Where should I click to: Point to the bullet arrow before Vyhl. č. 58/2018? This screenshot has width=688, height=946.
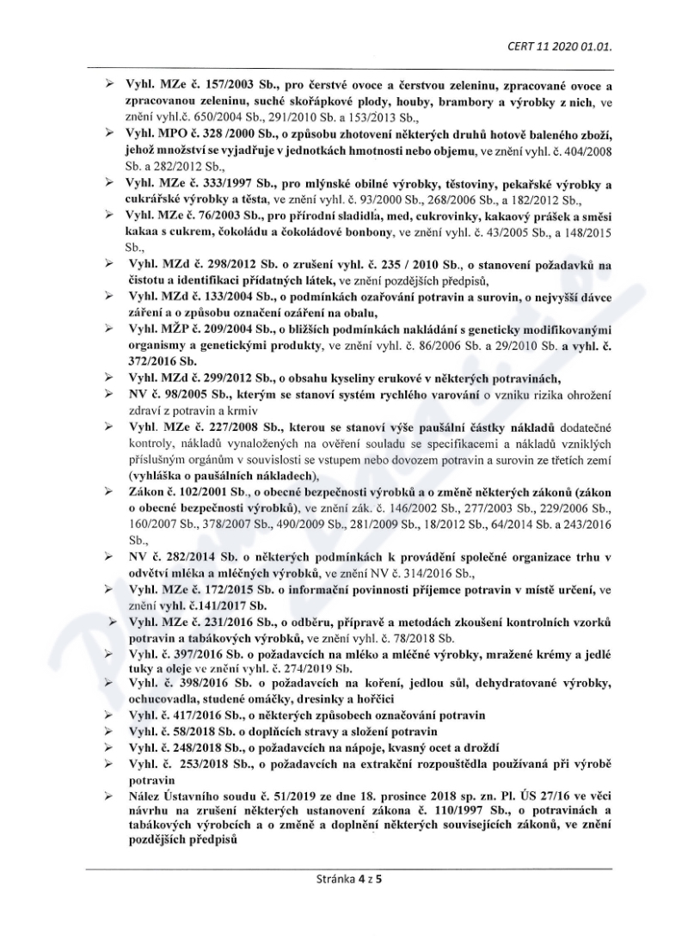click(109, 731)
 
